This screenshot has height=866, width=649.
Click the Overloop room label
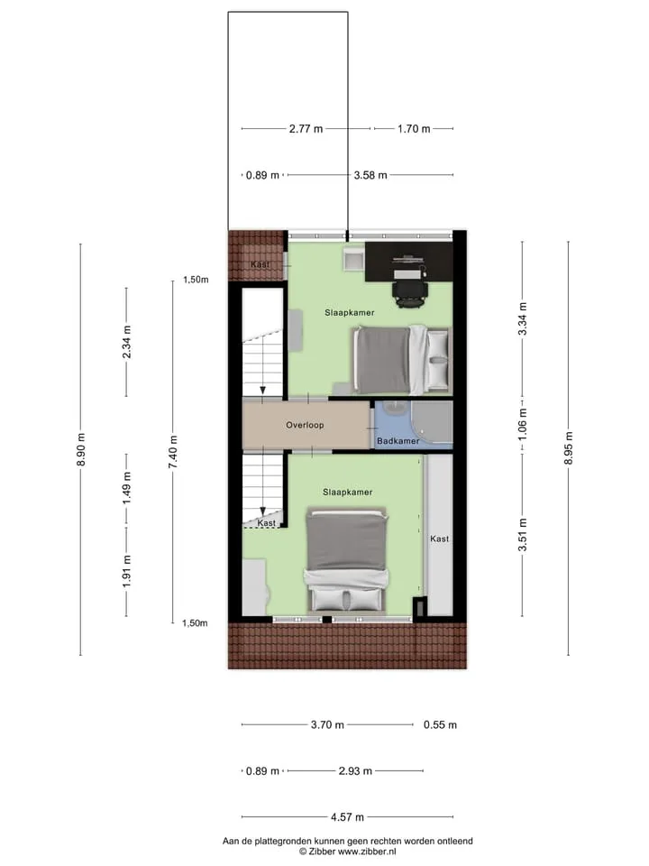click(x=305, y=425)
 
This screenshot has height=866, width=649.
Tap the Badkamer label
click(x=398, y=441)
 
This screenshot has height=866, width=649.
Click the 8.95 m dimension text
click(x=569, y=448)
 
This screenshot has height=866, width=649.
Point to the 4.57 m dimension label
click(x=347, y=817)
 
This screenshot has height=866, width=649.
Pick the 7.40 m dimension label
click(x=173, y=452)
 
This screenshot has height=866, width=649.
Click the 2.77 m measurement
click(x=306, y=129)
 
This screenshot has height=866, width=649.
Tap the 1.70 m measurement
click(x=414, y=129)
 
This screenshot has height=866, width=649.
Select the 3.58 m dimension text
click(x=370, y=175)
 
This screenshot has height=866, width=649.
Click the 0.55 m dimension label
click(x=440, y=724)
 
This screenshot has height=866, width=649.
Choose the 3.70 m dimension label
click(x=327, y=724)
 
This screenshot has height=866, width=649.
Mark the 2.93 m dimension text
click(x=355, y=770)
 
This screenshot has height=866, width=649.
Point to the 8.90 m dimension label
click(x=80, y=448)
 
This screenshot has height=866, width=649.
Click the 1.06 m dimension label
click(x=522, y=424)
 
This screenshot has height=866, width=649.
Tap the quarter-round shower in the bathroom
click(x=432, y=422)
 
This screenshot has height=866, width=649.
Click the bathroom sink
click(x=393, y=408)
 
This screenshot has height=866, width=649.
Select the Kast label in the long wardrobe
click(x=439, y=539)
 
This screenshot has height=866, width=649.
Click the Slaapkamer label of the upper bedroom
click(x=350, y=313)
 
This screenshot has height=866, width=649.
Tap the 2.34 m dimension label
click(x=126, y=342)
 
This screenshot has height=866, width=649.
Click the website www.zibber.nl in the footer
click(x=367, y=852)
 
